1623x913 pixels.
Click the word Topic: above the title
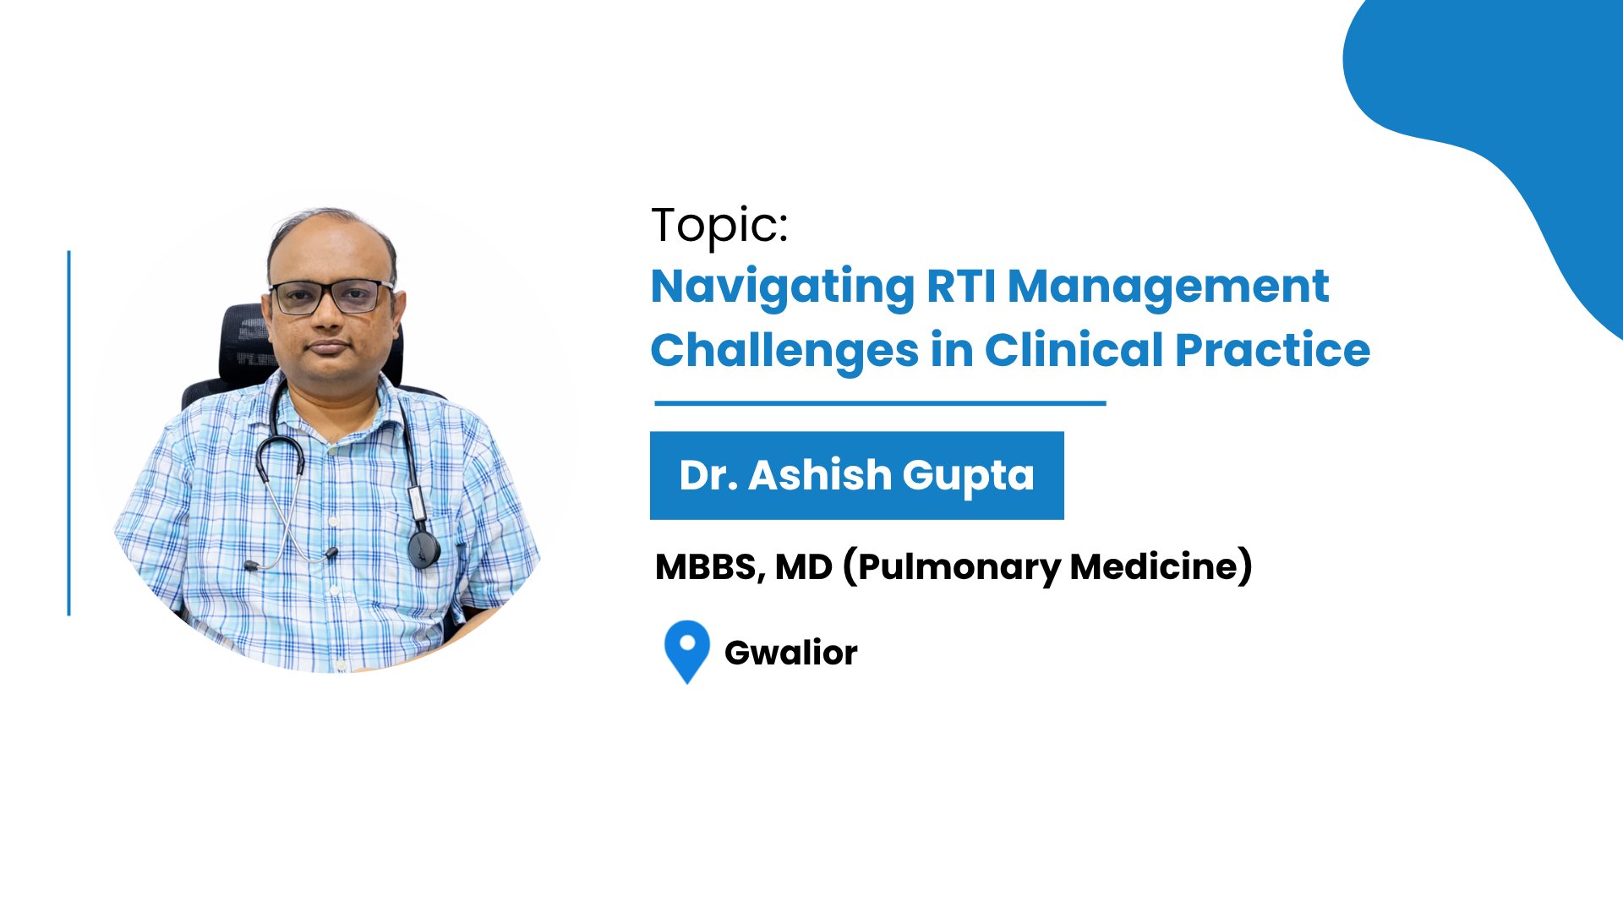[719, 226]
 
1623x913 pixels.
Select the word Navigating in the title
[783, 287]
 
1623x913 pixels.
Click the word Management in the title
[1169, 287]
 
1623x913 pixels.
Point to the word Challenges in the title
[784, 352]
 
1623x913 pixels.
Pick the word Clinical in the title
[1074, 350]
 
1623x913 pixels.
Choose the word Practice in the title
[1273, 350]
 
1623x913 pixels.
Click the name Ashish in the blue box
[820, 475]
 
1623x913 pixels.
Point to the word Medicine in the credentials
[1154, 566]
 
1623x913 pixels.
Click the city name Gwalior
[791, 653]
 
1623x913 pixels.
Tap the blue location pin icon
[687, 652]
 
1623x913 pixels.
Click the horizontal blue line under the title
[880, 403]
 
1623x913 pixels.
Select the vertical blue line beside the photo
[68, 433]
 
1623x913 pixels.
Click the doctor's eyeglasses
[331, 297]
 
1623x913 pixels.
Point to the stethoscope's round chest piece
[424, 549]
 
